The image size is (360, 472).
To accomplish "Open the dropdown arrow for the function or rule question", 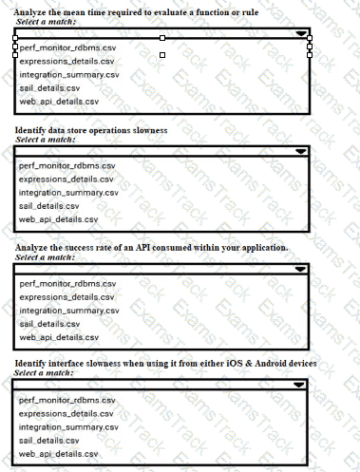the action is [x=301, y=32].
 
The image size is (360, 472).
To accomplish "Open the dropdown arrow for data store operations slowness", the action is [x=301, y=151].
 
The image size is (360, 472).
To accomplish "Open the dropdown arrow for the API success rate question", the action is [x=301, y=269].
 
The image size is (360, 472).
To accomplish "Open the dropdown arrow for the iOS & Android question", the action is [x=301, y=386].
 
